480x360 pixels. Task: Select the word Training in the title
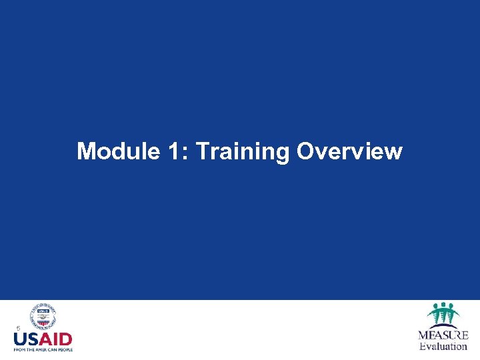pyautogui.click(x=243, y=153)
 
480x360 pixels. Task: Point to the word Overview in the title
pyautogui.click(x=349, y=151)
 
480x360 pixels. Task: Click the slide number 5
pyautogui.click(x=19, y=328)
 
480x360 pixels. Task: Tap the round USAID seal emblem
pyautogui.click(x=43, y=317)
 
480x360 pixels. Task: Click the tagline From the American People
pyautogui.click(x=43, y=349)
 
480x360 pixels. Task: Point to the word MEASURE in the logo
pyautogui.click(x=443, y=335)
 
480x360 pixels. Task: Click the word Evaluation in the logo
pyautogui.click(x=443, y=346)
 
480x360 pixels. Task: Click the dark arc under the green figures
pyautogui.click(x=442, y=325)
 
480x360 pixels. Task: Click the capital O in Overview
pyautogui.click(x=305, y=151)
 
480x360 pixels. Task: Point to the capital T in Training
pyautogui.click(x=203, y=151)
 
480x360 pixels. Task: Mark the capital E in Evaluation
pyautogui.click(x=422, y=346)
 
